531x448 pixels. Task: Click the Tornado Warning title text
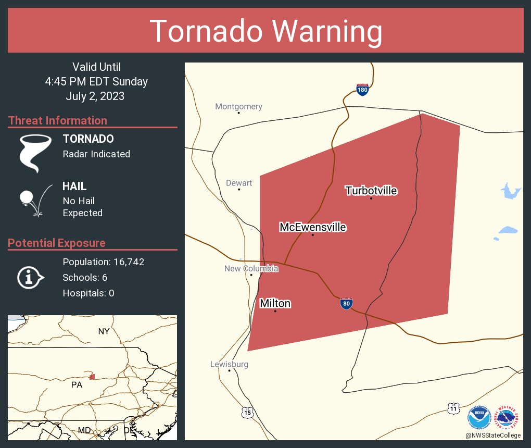[265, 31]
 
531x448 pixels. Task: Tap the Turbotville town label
[371, 191]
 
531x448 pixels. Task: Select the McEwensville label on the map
[312, 227]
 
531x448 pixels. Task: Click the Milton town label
[275, 303]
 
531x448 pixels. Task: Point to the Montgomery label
[238, 107]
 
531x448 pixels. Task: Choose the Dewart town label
[239, 183]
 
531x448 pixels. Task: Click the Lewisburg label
[229, 364]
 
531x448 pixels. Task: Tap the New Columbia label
[251, 269]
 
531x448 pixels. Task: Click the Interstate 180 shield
[362, 90]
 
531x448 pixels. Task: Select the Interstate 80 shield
[346, 304]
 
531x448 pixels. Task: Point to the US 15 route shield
[247, 412]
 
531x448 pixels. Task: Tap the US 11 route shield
[454, 408]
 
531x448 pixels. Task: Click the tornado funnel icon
[35, 152]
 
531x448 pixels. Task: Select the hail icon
[35, 199]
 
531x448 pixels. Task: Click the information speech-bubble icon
[31, 278]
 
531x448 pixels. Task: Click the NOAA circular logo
[479, 417]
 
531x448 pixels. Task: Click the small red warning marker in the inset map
[92, 377]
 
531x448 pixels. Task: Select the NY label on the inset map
[104, 331]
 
